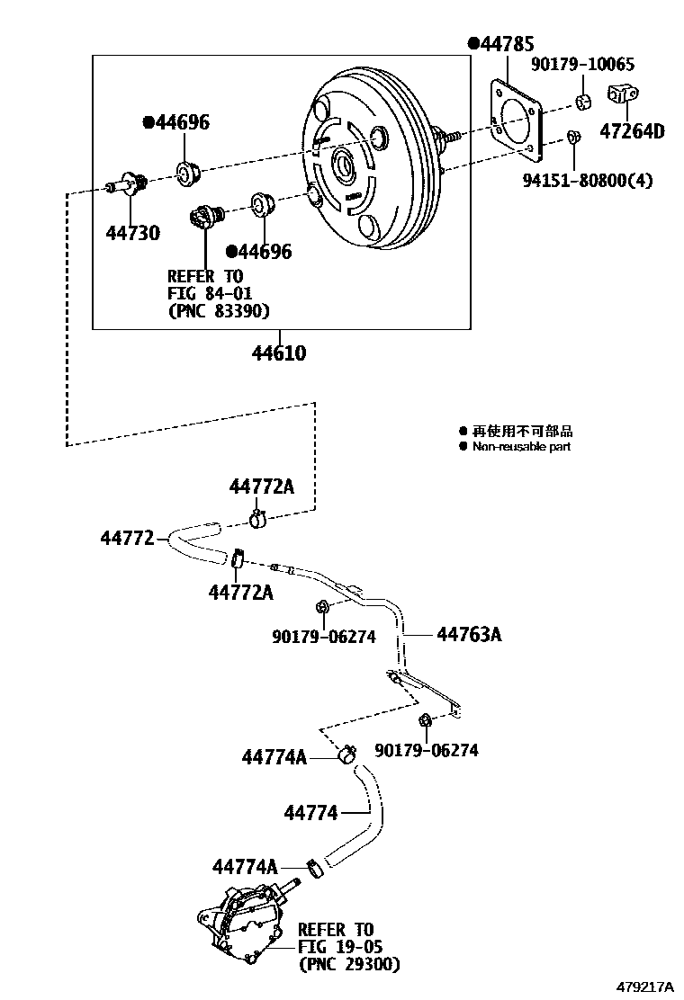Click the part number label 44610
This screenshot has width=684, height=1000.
(278, 353)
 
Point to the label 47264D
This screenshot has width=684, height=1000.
(632, 131)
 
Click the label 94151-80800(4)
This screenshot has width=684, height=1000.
(588, 180)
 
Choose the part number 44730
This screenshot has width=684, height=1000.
(132, 233)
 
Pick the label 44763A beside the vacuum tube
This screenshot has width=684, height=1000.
(469, 635)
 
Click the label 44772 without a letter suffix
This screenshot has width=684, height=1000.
(128, 538)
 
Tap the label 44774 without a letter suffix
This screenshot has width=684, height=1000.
(310, 813)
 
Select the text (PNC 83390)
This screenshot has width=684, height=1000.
(219, 311)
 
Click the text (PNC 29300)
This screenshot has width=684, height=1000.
(349, 964)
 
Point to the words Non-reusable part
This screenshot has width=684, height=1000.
(521, 447)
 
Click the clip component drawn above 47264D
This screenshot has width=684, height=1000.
(623, 94)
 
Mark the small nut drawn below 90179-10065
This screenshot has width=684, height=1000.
(572, 138)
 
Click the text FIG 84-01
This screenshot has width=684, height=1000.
(210, 293)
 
